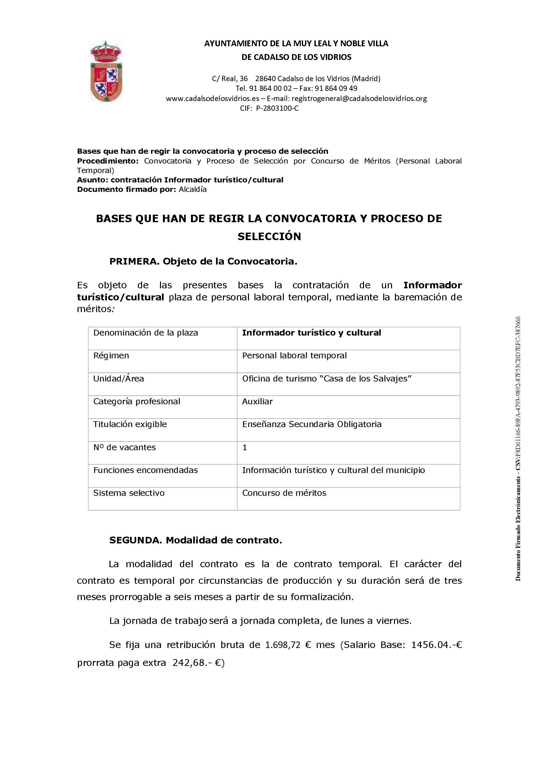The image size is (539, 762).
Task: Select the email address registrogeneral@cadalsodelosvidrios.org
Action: click(x=359, y=99)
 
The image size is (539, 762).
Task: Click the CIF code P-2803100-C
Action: click(x=277, y=108)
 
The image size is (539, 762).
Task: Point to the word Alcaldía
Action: click(x=193, y=190)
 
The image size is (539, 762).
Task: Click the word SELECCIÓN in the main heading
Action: click(x=269, y=237)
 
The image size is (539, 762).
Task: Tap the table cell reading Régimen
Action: click(x=111, y=356)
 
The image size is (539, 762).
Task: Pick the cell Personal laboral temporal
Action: click(x=294, y=356)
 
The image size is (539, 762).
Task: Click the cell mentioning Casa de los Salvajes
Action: click(x=327, y=379)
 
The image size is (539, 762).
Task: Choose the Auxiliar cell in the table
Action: click(x=257, y=402)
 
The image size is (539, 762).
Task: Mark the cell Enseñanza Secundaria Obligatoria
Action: click(x=312, y=424)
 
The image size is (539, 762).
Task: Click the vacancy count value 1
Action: click(x=245, y=447)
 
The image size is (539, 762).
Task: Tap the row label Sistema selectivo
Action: click(x=129, y=493)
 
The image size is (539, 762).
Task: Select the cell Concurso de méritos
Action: click(x=284, y=493)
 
